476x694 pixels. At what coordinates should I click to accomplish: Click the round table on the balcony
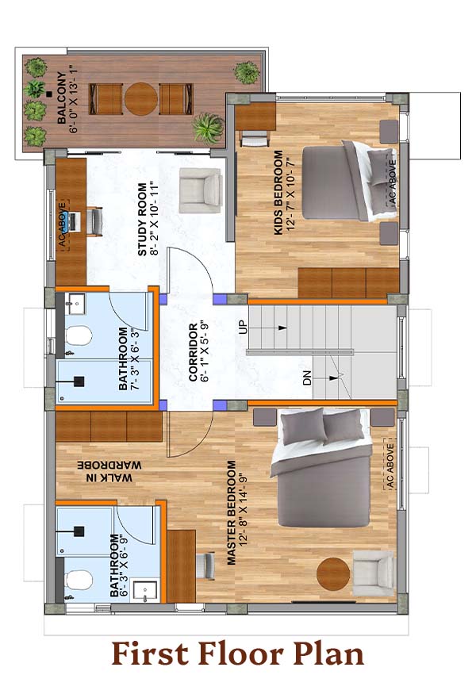[140, 99]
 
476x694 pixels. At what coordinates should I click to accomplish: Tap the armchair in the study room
[201, 190]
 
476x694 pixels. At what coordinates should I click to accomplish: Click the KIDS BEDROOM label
[278, 193]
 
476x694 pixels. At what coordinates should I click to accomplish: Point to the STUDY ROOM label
[142, 220]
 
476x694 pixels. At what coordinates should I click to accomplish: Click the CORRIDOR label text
[193, 352]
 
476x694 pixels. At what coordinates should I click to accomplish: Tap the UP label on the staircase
[243, 327]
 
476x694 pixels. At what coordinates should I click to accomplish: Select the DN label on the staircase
[307, 378]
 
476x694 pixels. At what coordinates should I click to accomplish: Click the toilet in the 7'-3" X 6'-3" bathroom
[79, 335]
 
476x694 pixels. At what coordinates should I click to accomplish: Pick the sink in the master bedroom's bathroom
[145, 592]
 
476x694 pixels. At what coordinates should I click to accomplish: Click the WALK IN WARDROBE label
[109, 471]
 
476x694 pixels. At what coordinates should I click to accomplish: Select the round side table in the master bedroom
[333, 573]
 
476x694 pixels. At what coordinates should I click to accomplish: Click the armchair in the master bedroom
[373, 573]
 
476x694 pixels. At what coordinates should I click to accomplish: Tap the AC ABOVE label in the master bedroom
[390, 466]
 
